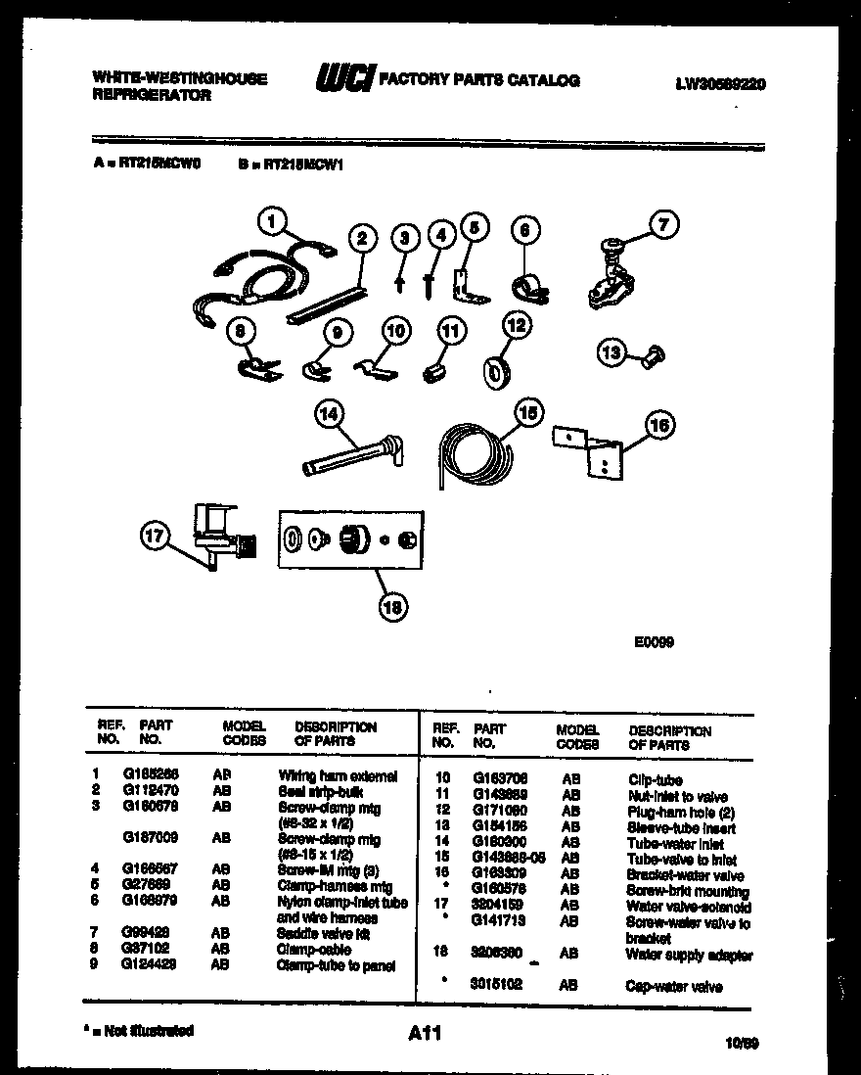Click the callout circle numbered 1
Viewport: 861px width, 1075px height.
273,222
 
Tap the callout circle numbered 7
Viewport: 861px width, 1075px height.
663,225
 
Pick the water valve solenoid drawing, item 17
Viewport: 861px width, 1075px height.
218,533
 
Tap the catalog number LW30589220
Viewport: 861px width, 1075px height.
720,85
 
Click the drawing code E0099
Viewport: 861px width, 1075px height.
653,642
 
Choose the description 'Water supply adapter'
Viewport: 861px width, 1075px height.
689,955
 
